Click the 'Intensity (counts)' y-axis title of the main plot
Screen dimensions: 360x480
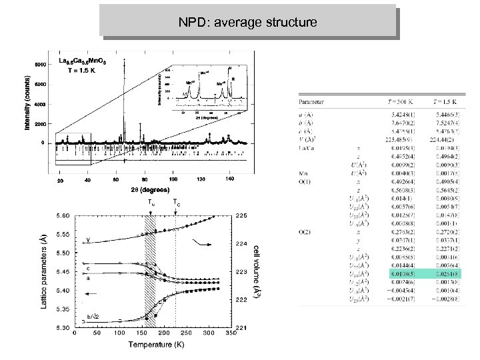click(x=28, y=103)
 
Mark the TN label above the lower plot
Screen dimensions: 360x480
click(x=153, y=203)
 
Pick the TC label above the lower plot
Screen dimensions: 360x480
click(x=175, y=203)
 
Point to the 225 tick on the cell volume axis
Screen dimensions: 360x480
click(x=241, y=215)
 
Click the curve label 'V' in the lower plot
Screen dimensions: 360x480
click(x=89, y=239)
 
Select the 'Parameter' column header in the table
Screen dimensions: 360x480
click(x=312, y=103)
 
